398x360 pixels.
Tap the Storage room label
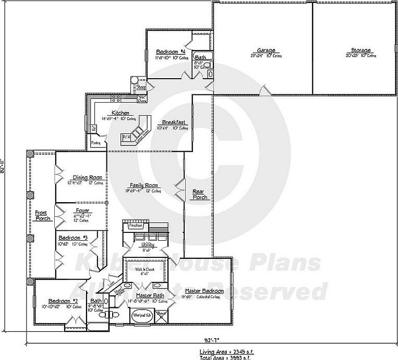coord(360,51)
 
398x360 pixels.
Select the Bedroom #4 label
coord(171,52)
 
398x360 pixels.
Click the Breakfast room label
coord(174,122)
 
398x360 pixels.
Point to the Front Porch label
coord(41,216)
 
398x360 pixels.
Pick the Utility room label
coord(147,244)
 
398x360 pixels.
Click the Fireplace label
coord(129,226)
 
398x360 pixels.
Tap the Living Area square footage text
coord(226,352)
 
